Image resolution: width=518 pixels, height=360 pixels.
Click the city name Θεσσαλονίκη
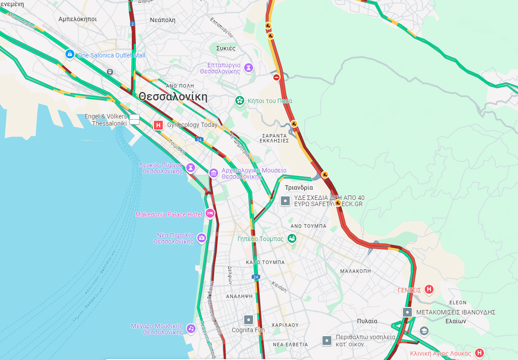[x=173, y=97]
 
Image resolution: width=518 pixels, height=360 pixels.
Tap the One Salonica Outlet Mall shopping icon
[x=69, y=54]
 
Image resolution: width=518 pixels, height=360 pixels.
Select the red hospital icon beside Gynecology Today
[x=158, y=126]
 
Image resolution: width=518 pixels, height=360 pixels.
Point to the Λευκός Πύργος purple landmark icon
[x=191, y=168]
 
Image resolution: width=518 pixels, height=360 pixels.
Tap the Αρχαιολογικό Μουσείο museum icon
[x=214, y=173]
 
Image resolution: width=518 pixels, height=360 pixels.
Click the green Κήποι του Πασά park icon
[x=240, y=101]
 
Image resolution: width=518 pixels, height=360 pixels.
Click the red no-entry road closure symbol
[x=276, y=77]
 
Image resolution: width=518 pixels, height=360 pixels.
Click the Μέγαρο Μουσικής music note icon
[x=191, y=328]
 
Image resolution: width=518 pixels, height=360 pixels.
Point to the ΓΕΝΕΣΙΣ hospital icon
[x=429, y=290]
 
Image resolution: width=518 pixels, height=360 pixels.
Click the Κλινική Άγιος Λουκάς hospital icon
[x=479, y=353]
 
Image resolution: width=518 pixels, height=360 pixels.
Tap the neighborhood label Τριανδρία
[x=299, y=188]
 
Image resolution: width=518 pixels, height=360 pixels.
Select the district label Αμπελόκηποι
[x=77, y=19]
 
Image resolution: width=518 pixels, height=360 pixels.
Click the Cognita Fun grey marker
[x=249, y=319]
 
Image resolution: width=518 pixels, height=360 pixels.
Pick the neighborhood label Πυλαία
[x=367, y=321]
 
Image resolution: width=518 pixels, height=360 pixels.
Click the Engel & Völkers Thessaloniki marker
[x=134, y=120]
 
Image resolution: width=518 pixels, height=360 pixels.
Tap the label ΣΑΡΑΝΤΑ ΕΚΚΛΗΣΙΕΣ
[x=276, y=138]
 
